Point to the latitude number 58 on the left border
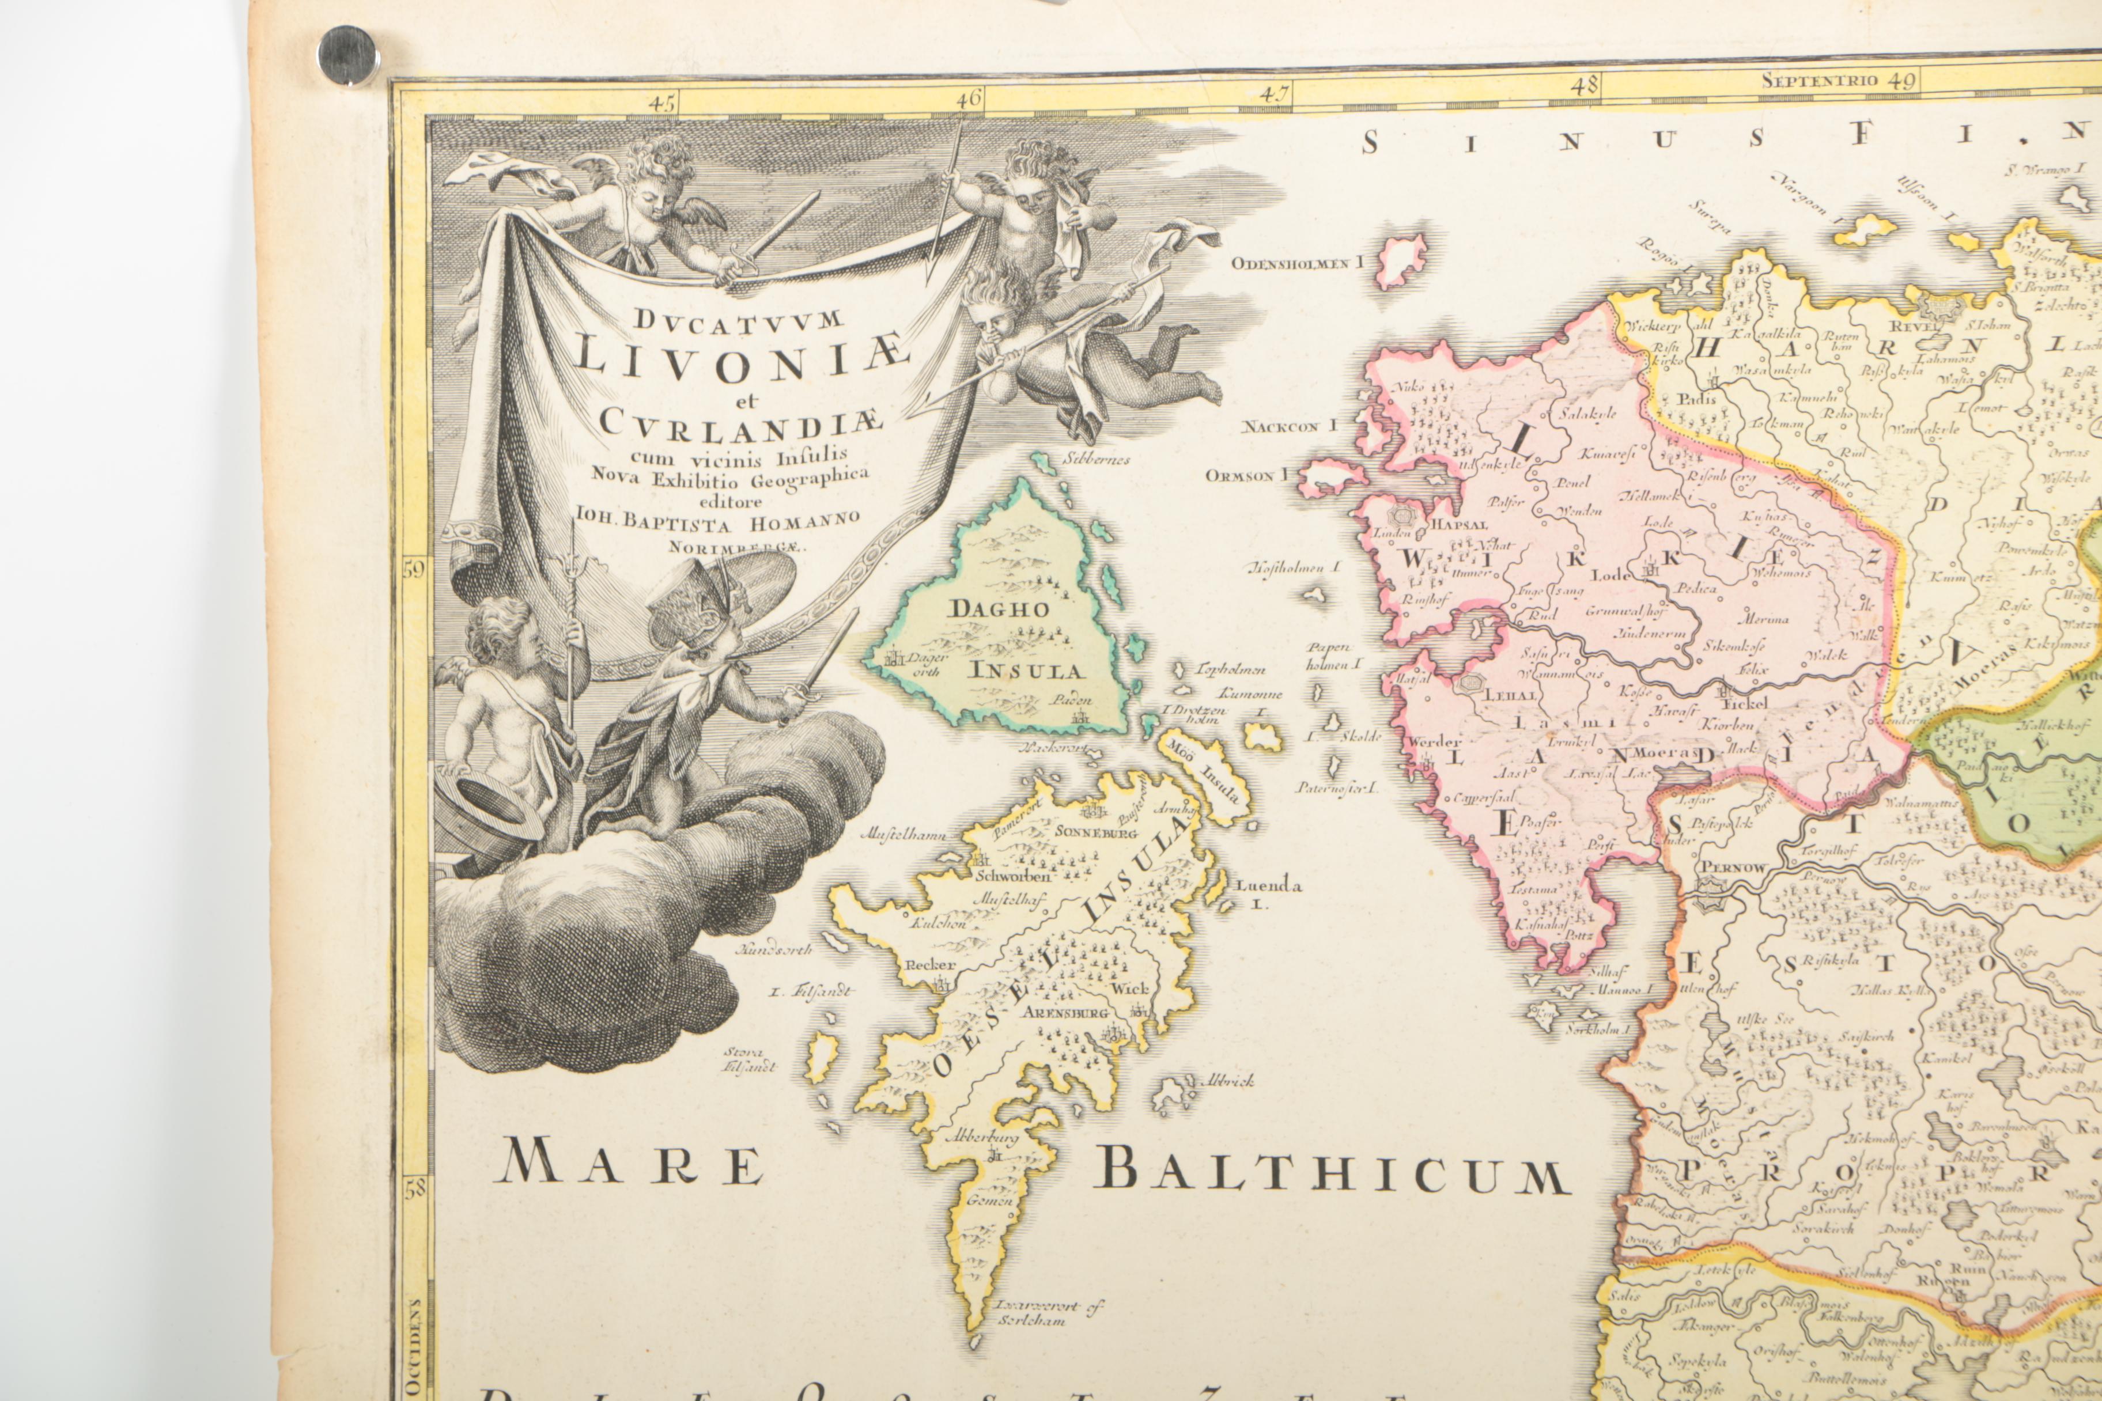[x=417, y=1189]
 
